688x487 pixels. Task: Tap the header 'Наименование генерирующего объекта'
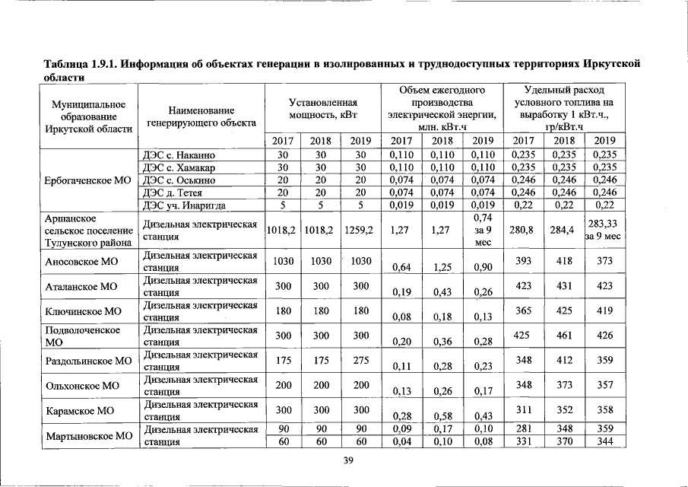[x=201, y=116]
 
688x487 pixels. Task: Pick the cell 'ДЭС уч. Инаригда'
[x=184, y=205]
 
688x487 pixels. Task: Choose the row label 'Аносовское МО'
[x=81, y=261]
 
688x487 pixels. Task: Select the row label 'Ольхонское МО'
[x=82, y=385]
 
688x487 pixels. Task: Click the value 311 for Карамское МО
[x=523, y=409]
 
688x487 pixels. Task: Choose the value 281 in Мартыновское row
[x=523, y=428]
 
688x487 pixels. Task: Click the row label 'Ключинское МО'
[x=84, y=311]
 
